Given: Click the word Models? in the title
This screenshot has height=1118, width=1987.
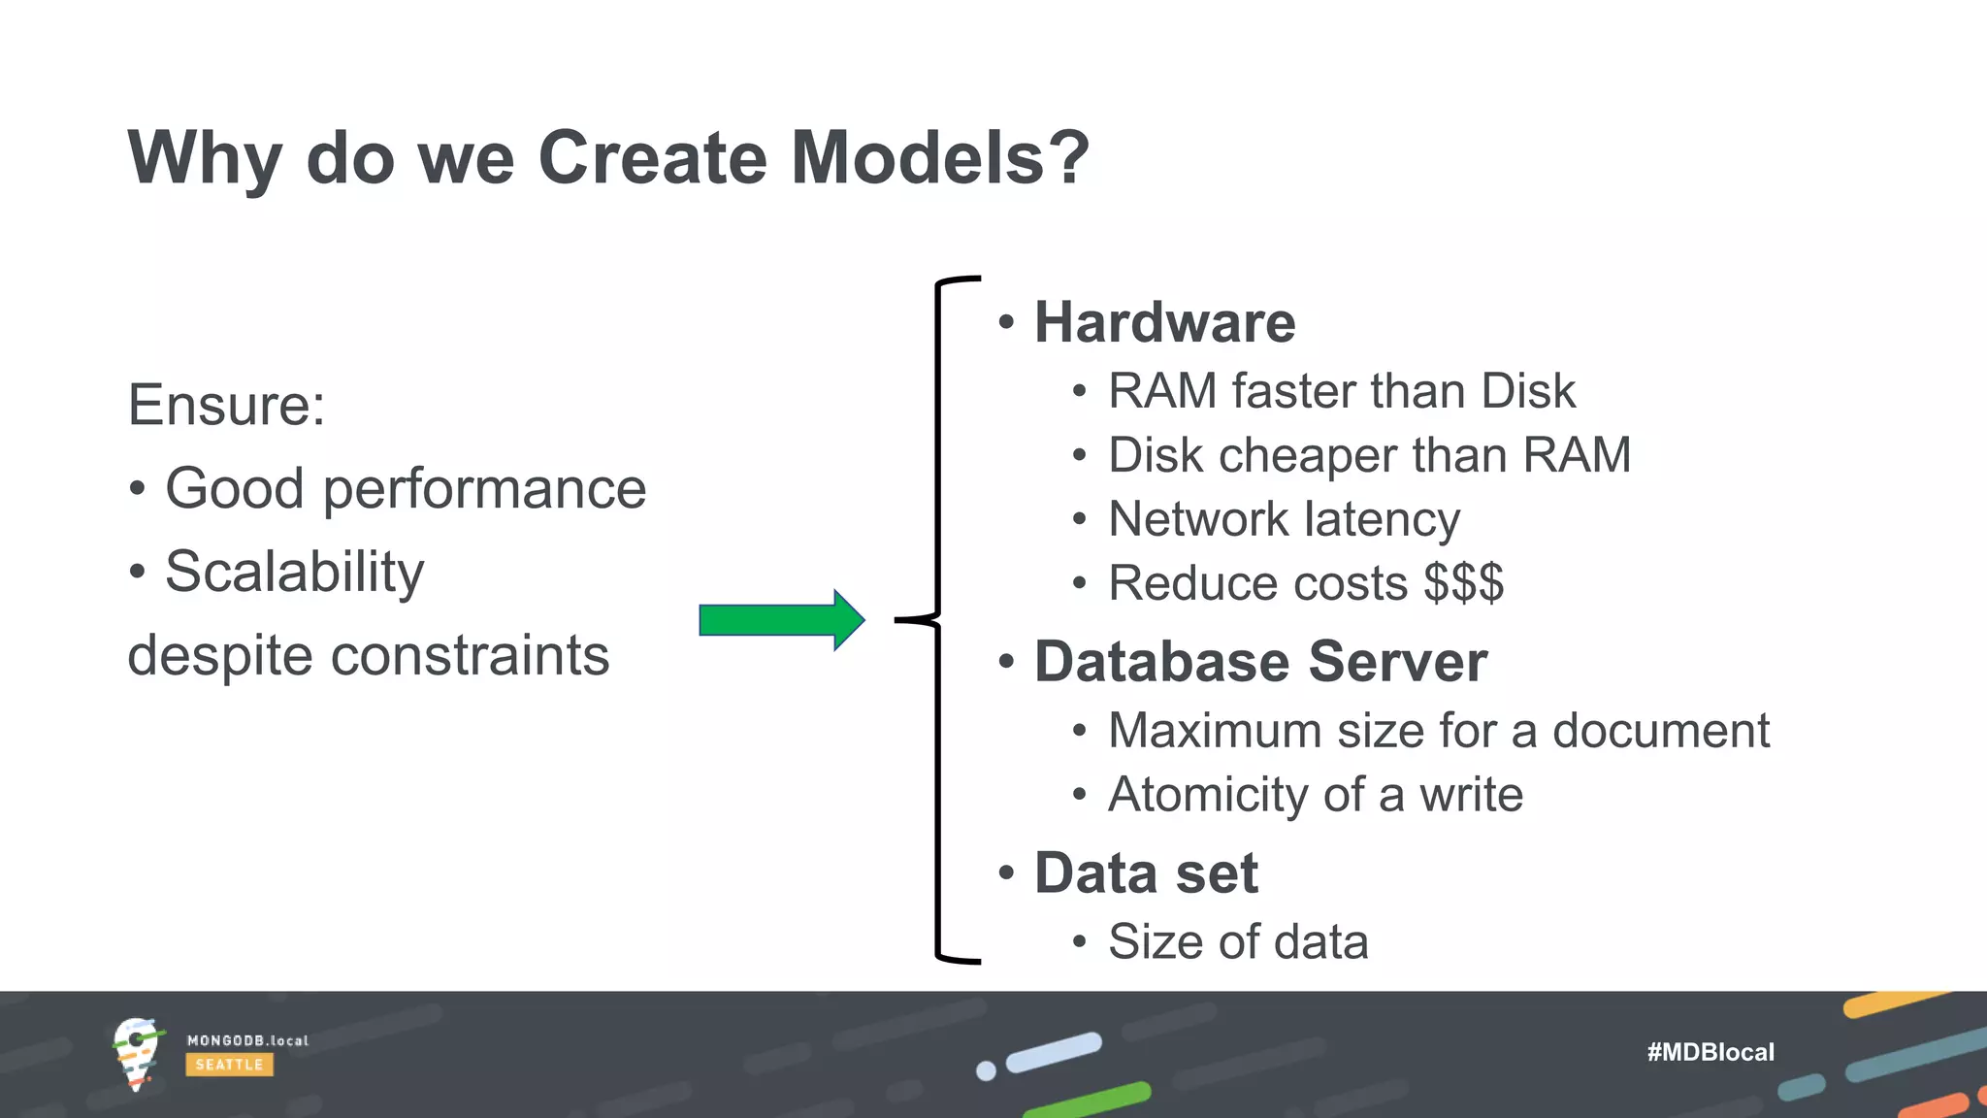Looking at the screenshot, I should [940, 157].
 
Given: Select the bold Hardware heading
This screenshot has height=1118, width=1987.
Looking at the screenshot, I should [1164, 322].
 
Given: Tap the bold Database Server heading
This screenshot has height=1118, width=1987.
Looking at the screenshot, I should [1260, 662].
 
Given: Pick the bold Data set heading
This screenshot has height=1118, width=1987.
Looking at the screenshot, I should [1146, 872].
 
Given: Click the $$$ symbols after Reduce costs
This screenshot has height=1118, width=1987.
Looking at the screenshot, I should [1463, 583].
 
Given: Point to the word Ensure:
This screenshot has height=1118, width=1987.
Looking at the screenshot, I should [226, 405].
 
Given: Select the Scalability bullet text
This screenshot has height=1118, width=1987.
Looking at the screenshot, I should [294, 572].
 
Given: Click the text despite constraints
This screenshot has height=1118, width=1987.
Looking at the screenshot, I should [369, 655].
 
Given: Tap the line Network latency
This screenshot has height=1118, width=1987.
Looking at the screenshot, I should [1284, 519].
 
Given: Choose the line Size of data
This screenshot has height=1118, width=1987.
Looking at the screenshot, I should [1238, 941].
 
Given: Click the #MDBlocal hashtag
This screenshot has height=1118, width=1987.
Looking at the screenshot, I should [1710, 1052].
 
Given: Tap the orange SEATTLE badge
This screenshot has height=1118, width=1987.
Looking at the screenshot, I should [229, 1065].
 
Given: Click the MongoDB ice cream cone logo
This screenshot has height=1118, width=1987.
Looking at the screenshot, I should [136, 1053].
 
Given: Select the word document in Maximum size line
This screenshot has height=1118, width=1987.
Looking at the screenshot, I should [1661, 731].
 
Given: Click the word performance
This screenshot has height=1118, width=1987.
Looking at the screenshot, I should [484, 488].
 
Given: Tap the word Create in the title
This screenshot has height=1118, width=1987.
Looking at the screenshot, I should [652, 157].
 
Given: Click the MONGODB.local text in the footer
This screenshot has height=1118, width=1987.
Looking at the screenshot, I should [247, 1040].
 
